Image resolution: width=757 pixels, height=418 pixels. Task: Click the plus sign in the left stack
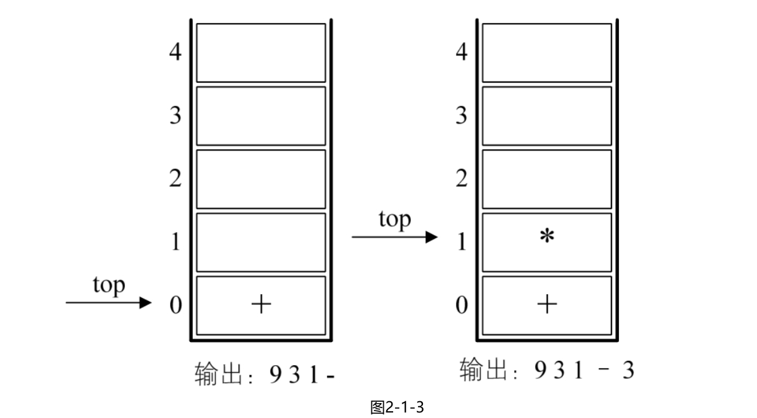[x=261, y=304]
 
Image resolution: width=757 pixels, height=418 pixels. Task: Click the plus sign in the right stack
[x=546, y=304]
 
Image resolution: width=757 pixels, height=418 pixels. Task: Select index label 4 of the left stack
[x=175, y=52]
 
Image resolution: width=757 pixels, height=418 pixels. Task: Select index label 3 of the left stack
[x=175, y=116]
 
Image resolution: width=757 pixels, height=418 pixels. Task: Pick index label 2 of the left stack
[x=175, y=179]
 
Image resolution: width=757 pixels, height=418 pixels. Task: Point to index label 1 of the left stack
[x=175, y=242]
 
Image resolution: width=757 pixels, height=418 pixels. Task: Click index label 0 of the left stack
[x=175, y=305]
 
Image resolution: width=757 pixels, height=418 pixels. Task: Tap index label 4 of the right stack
[x=461, y=52]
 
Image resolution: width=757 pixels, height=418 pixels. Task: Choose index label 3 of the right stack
[x=461, y=116]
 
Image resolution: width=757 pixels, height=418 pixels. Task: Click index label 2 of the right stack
[x=461, y=179]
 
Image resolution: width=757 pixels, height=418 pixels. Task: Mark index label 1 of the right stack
[x=461, y=242]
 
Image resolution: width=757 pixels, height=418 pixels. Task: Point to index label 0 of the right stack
[x=461, y=305]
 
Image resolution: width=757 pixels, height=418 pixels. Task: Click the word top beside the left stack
[x=109, y=286]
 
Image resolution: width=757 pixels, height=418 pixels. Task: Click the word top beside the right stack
[x=394, y=220]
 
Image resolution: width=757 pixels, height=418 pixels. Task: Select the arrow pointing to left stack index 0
[x=109, y=303]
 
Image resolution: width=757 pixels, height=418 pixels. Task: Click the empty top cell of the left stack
[x=261, y=53]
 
